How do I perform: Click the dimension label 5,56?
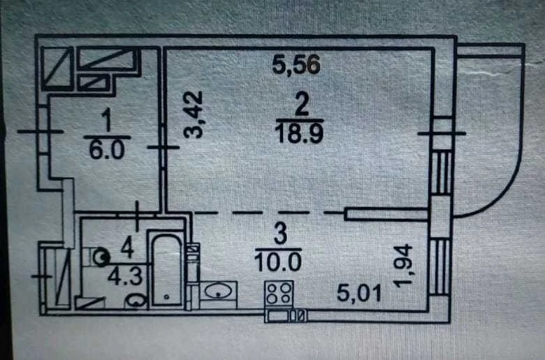(296, 65)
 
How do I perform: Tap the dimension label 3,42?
(193, 115)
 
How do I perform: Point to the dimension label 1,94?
(403, 266)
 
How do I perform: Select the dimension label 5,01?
(359, 293)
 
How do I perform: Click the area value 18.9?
(299, 134)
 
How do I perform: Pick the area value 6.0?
(107, 150)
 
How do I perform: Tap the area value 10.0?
(278, 261)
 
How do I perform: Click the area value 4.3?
(125, 277)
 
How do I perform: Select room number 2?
(301, 105)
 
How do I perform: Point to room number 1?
(108, 120)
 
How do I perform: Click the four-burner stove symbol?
(279, 293)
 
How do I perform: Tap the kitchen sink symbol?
(219, 290)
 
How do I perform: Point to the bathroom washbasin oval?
(136, 300)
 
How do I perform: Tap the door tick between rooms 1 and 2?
(163, 147)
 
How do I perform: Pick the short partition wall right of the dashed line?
(386, 214)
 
